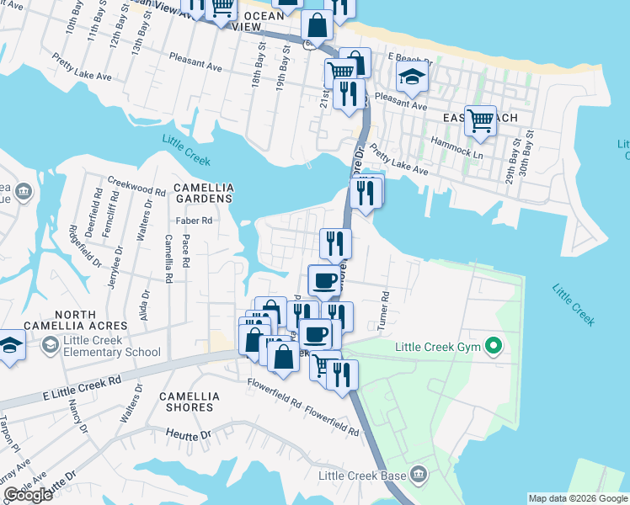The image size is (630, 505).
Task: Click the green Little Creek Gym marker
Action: pyautogui.click(x=496, y=346)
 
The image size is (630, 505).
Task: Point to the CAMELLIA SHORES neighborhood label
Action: pyautogui.click(x=190, y=401)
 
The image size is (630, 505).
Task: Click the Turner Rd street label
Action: pyautogui.click(x=384, y=308)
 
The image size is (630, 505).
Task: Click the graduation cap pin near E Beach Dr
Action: pyautogui.click(x=413, y=77)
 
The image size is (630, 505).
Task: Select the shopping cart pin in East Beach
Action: pyautogui.click(x=480, y=120)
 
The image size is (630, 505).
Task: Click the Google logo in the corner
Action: pyautogui.click(x=28, y=495)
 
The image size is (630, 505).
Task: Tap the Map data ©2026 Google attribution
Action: pyautogui.click(x=577, y=498)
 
